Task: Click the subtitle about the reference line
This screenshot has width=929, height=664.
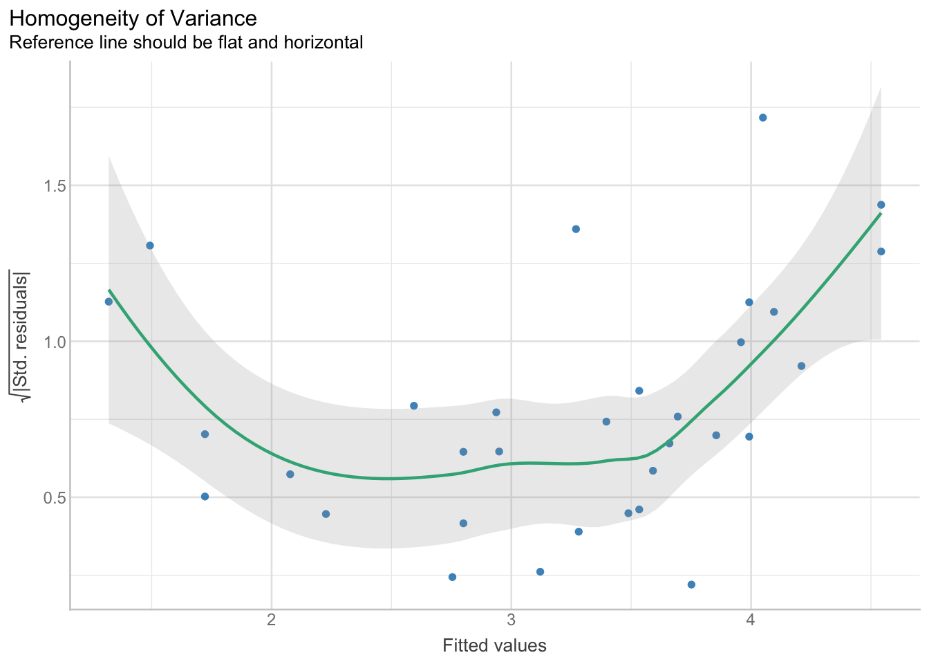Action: tap(186, 43)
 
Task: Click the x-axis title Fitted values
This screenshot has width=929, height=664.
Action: tap(494, 646)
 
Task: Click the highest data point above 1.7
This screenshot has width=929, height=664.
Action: tap(763, 118)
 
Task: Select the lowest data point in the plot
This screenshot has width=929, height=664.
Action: tap(691, 584)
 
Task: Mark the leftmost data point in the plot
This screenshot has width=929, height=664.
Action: tap(109, 302)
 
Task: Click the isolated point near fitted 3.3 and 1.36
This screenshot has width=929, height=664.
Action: tap(576, 229)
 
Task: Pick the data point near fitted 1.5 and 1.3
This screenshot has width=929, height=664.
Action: tap(150, 246)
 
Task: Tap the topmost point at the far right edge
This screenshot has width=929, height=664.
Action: tap(881, 205)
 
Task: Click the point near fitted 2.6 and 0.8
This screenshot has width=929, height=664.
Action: tap(414, 406)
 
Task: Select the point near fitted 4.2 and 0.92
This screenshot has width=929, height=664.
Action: tap(802, 366)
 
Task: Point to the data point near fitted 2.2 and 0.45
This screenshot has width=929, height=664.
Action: tap(326, 514)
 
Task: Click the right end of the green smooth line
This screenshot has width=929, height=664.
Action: tap(880, 214)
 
